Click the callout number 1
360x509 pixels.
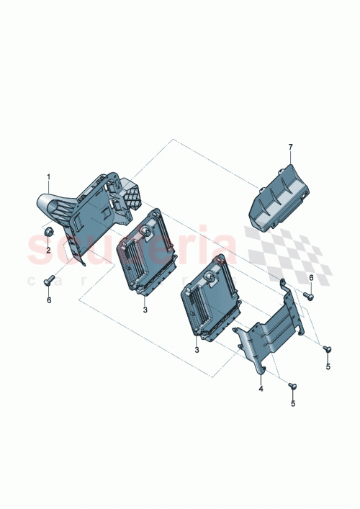pyautogui.click(x=49, y=177)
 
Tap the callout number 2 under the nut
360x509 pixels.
pyautogui.click(x=48, y=251)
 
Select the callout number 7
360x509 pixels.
pyautogui.click(x=291, y=148)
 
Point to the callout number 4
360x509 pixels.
pyautogui.click(x=261, y=389)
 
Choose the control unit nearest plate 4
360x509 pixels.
pyautogui.click(x=208, y=302)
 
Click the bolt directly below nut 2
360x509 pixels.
pyautogui.click(x=49, y=281)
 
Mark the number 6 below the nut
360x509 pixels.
pyautogui.click(x=49, y=299)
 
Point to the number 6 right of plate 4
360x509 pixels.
pyautogui.click(x=311, y=277)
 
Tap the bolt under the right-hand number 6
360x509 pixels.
pyautogui.click(x=309, y=294)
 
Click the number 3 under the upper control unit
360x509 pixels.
pyautogui.click(x=145, y=310)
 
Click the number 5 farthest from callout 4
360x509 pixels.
pyautogui.click(x=328, y=367)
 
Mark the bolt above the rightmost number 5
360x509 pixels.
pyautogui.click(x=326, y=349)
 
